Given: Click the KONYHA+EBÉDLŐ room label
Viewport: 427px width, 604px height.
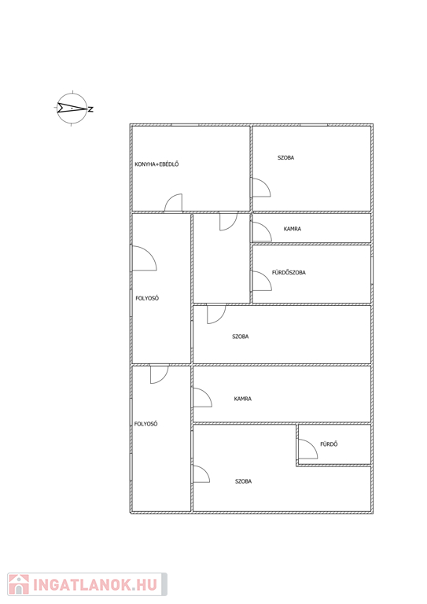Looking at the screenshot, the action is [156, 164].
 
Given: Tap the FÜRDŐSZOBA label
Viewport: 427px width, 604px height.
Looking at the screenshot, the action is [289, 272].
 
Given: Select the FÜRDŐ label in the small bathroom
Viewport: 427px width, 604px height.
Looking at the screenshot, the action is [329, 444].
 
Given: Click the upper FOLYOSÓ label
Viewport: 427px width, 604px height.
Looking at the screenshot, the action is [147, 298].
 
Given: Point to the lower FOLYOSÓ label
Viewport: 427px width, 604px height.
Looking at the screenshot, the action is [146, 424].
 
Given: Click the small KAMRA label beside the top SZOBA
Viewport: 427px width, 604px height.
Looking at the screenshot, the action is [293, 229].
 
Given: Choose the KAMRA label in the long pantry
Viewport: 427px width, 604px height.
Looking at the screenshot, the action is [242, 399].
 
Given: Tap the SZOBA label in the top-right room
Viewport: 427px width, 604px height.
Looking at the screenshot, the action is [285, 157].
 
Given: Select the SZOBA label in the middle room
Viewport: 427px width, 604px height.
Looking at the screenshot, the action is [241, 337].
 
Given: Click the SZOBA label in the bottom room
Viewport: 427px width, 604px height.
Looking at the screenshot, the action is [243, 481].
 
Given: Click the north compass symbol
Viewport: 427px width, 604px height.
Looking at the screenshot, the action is [72, 109].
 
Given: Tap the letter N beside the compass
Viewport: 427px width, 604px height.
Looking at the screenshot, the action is [91, 109].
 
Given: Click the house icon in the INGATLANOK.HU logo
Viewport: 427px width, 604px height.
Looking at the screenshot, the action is [19, 584].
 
